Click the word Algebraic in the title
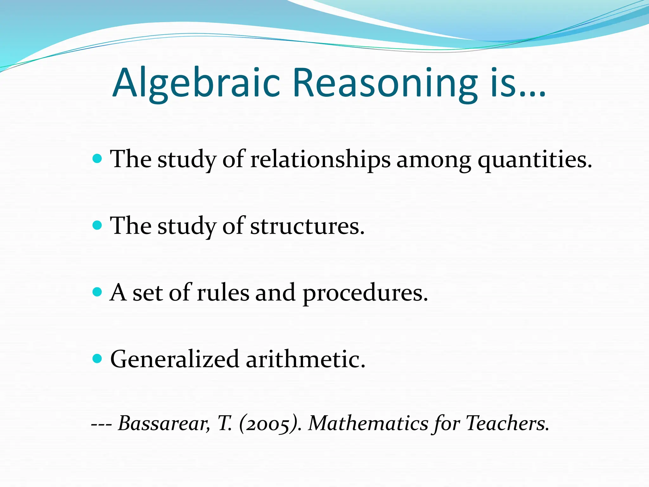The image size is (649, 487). [196, 83]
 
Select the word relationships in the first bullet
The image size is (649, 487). [320, 159]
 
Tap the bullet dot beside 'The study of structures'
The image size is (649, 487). [97, 225]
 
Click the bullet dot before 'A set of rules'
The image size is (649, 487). [97, 292]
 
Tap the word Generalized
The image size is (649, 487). [174, 360]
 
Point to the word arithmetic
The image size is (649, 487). [305, 360]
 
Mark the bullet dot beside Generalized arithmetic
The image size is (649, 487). [97, 359]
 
